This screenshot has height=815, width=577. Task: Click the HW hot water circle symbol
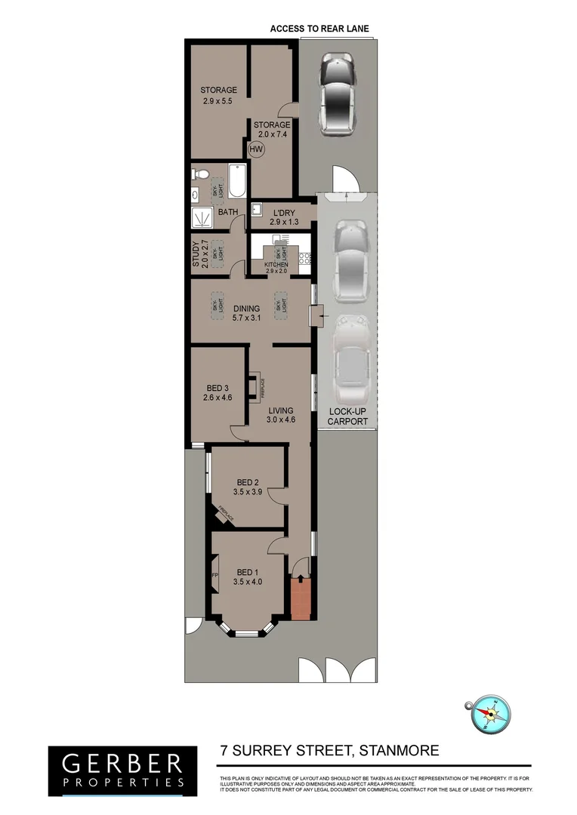(257, 149)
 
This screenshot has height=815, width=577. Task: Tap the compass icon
(491, 714)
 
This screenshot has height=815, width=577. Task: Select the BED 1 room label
(248, 571)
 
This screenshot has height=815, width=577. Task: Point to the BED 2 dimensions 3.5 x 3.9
(248, 492)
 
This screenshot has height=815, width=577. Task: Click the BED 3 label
(218, 388)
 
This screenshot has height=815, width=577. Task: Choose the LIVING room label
(279, 411)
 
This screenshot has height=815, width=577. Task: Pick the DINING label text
(246, 308)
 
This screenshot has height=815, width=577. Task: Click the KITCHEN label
(276, 264)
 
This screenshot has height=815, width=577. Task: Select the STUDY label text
(196, 254)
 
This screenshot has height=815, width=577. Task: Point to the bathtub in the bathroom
(236, 181)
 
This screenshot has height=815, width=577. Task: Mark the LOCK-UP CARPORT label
(348, 417)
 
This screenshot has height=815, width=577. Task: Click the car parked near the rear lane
(336, 94)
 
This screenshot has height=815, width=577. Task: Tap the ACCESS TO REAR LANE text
(319, 29)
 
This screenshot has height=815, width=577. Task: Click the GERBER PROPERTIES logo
(116, 770)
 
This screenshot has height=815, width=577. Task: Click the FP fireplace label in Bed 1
(214, 576)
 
